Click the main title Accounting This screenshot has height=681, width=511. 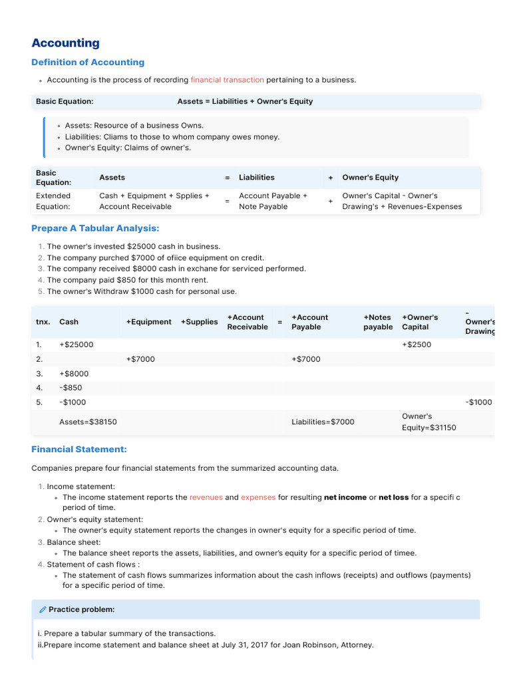pyautogui.click(x=65, y=43)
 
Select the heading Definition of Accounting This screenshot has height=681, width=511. pyautogui.click(x=88, y=63)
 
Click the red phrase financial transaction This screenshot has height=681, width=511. pyautogui.click(x=227, y=80)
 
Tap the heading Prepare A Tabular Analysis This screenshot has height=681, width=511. pyautogui.click(x=95, y=228)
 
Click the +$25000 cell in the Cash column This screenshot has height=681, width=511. pyautogui.click(x=77, y=344)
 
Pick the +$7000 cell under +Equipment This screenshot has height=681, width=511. pyautogui.click(x=140, y=359)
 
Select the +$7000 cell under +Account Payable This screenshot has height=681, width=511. pyautogui.click(x=305, y=359)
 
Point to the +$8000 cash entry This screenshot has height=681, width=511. pyautogui.click(x=74, y=374)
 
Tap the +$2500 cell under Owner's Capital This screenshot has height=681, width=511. pyautogui.click(x=417, y=344)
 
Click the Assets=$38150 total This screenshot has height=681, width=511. pyautogui.click(x=88, y=422)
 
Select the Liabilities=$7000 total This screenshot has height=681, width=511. pyautogui.click(x=323, y=422)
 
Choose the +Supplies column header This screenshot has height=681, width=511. pyautogui.click(x=199, y=322)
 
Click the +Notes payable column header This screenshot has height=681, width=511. pyautogui.click(x=377, y=322)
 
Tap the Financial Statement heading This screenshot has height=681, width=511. pyautogui.click(x=79, y=450)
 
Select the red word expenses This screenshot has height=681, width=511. pyautogui.click(x=258, y=497)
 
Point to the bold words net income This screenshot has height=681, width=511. pyautogui.click(x=345, y=497)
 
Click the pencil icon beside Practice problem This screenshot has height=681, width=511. pyautogui.click(x=43, y=609)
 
